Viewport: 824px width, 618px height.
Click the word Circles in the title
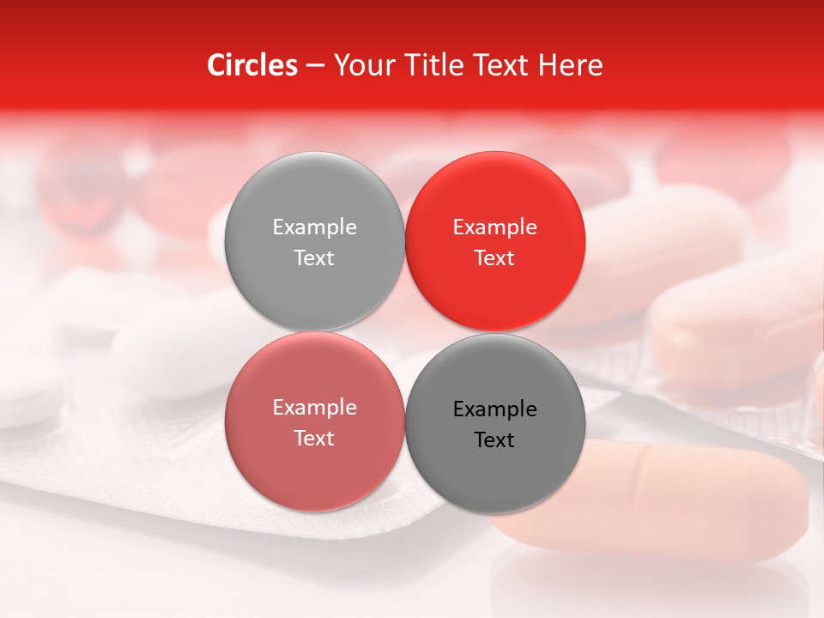click(251, 65)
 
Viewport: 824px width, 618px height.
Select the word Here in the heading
click(571, 65)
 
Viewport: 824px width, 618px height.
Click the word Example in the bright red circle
click(494, 227)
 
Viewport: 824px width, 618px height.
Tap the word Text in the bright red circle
click(494, 258)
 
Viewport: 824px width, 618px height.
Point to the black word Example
click(494, 409)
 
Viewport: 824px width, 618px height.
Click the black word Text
click(494, 440)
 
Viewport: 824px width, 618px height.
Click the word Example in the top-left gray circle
click(314, 227)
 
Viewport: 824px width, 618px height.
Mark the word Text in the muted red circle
click(314, 439)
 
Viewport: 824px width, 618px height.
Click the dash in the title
click(315, 66)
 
